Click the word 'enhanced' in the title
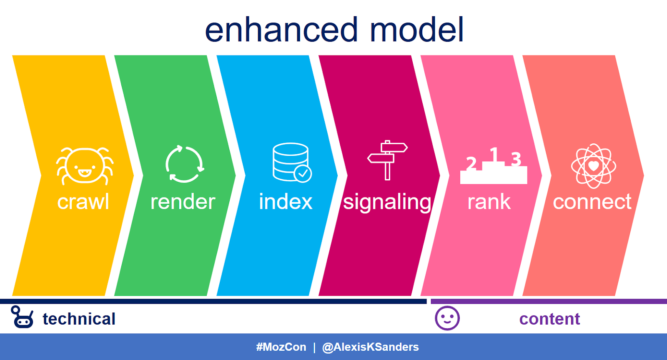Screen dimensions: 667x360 [281, 30]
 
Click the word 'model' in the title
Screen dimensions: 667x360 [417, 30]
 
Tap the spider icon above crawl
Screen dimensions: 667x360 [85, 166]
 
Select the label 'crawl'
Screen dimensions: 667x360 [83, 202]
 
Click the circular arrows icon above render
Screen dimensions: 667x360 [185, 164]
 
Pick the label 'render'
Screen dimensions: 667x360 [183, 202]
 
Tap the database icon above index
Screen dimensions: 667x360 [292, 162]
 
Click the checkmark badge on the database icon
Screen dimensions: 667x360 [303, 173]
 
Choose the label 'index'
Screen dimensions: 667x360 [286, 201]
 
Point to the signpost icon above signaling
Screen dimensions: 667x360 [387, 160]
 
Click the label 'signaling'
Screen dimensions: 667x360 [387, 203]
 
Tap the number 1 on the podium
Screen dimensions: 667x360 [494, 154]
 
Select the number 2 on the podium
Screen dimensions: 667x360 [471, 163]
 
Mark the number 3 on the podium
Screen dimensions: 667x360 [516, 159]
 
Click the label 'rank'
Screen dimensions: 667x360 [489, 202]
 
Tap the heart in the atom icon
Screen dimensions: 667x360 [594, 166]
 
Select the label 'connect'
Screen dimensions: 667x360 [592, 202]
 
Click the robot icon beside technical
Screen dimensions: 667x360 [22, 317]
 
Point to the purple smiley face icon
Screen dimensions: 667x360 [447, 318]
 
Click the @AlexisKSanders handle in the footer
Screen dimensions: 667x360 [371, 347]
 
